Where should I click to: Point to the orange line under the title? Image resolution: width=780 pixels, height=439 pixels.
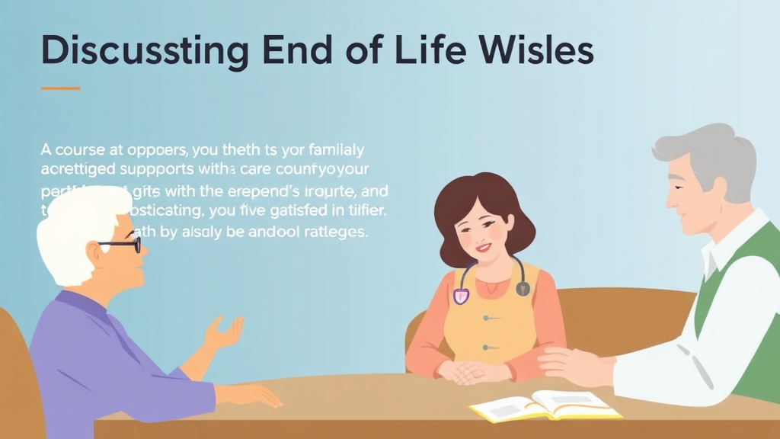(x=60, y=88)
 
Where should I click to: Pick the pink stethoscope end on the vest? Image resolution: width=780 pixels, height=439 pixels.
(x=460, y=295)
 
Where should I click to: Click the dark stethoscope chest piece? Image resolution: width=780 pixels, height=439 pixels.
(x=523, y=288)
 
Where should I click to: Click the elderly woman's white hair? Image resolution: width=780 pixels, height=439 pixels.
(x=80, y=221)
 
